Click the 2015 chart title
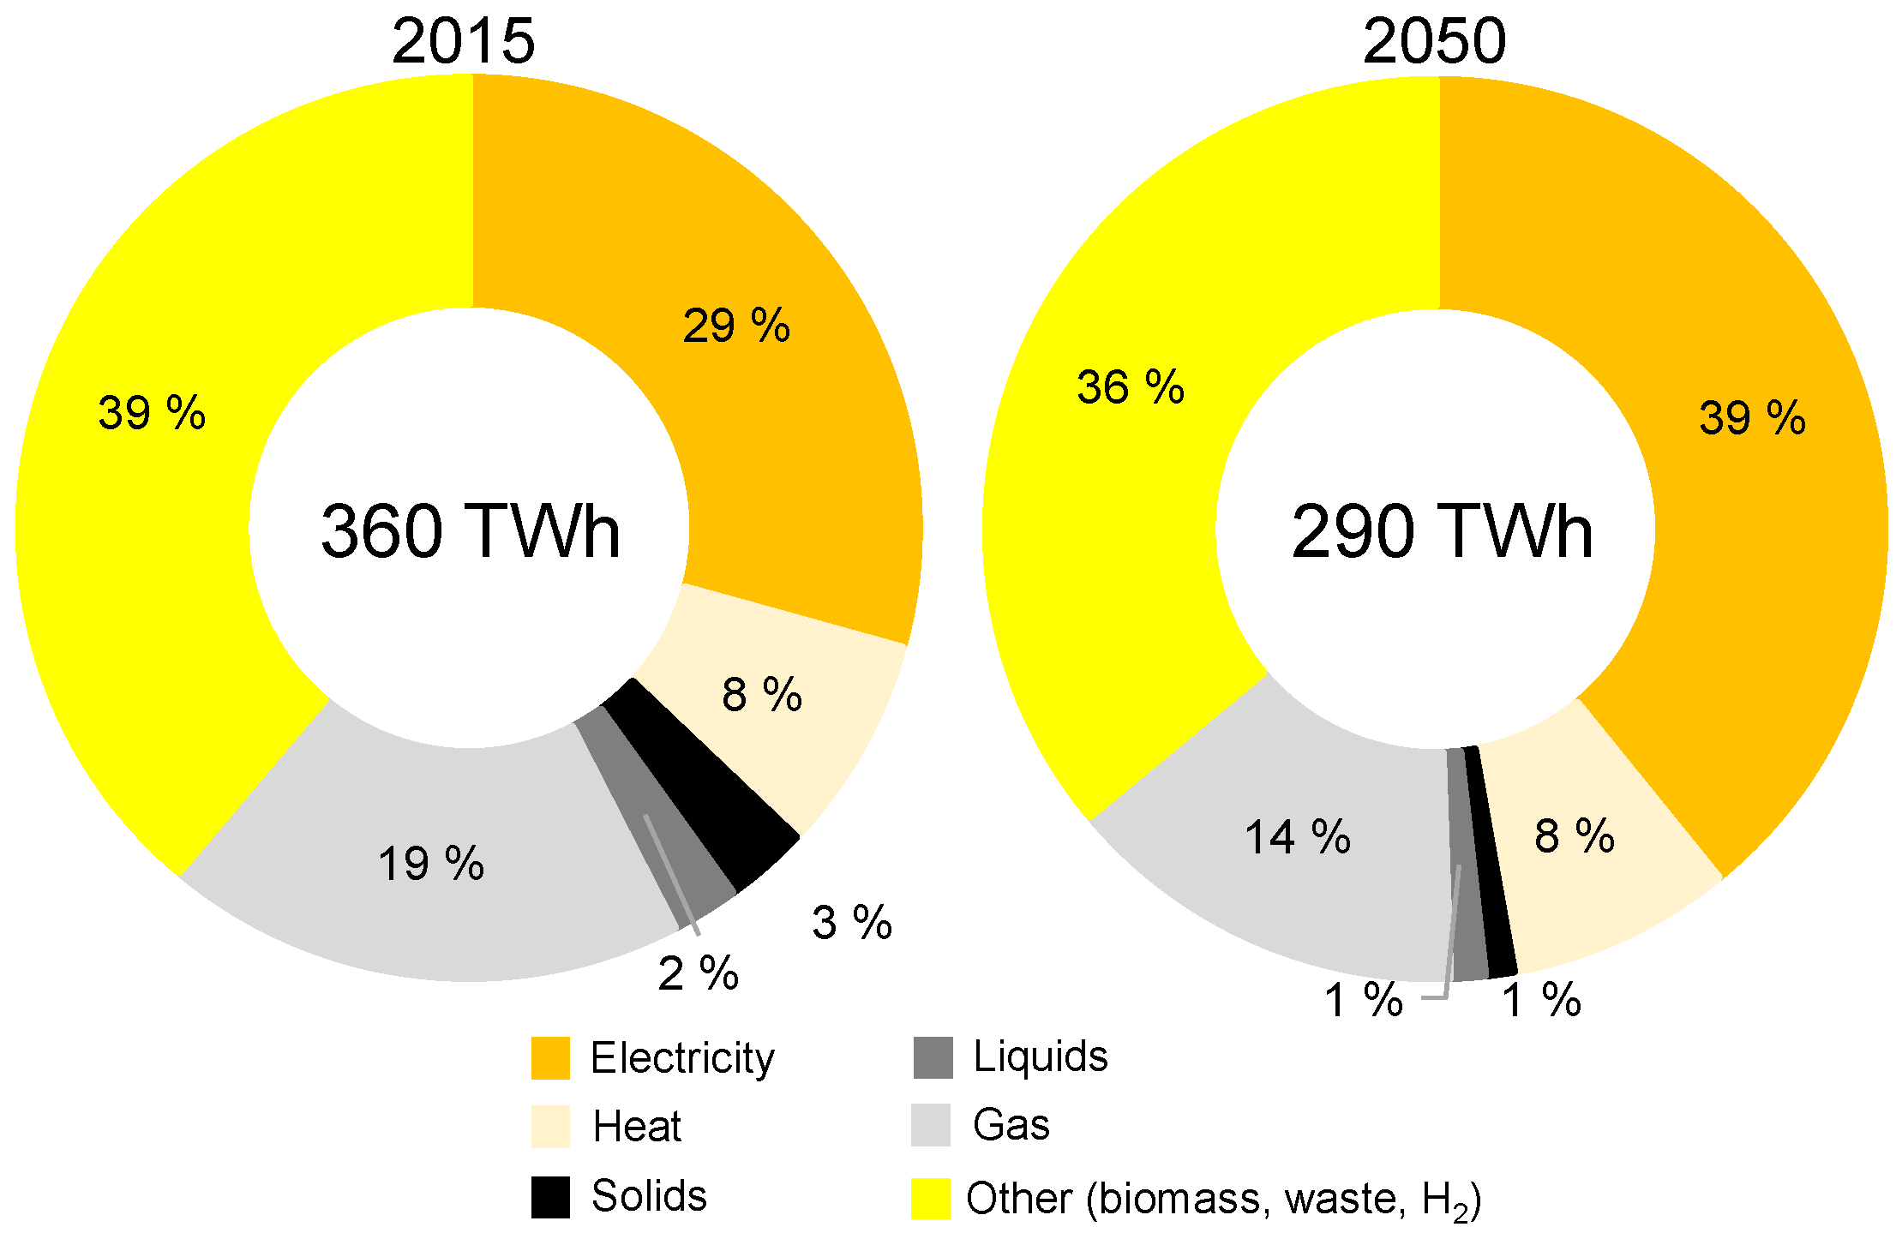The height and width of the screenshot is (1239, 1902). tap(463, 40)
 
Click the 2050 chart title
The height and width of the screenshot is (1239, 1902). tap(1434, 40)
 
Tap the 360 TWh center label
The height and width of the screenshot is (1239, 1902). tap(470, 531)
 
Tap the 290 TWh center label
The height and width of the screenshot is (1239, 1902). tap(1442, 531)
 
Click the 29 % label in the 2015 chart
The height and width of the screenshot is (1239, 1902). tap(736, 326)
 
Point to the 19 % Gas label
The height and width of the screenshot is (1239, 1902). tap(431, 863)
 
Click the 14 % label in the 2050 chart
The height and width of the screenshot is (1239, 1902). tap(1298, 837)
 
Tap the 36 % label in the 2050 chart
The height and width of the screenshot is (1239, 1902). tap(1131, 387)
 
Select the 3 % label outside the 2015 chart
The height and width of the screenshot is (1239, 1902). tap(852, 923)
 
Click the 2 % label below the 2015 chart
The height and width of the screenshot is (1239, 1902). tap(698, 973)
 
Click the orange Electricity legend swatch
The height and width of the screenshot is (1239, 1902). tap(550, 1057)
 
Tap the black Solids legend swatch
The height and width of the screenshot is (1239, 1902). tap(550, 1196)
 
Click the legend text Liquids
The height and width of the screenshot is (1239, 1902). tap(1040, 1056)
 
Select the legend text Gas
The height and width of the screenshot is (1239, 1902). tap(1011, 1124)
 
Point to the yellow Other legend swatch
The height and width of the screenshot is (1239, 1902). tap(930, 1198)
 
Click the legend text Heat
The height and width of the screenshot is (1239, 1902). tap(637, 1126)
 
